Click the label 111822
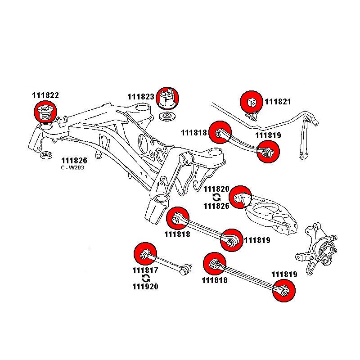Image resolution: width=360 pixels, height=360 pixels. click(x=45, y=96)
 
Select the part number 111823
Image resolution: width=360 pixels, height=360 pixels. click(x=140, y=97)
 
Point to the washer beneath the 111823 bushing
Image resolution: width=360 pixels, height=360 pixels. click(x=168, y=118)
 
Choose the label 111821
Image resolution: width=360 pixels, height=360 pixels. click(x=278, y=102)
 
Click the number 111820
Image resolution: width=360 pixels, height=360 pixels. click(x=216, y=189)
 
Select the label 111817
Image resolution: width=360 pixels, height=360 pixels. click(x=145, y=271)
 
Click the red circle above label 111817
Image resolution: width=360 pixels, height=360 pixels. click(x=144, y=254)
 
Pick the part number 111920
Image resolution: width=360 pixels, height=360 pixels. click(x=145, y=286)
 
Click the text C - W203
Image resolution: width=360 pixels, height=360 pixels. click(x=72, y=168)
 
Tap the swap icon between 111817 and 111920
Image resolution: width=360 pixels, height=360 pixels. click(x=145, y=279)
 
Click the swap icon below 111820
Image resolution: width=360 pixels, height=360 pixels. click(x=216, y=197)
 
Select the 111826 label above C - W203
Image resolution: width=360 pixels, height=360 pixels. click(x=74, y=161)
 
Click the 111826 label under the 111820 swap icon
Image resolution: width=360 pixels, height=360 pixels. click(x=216, y=206)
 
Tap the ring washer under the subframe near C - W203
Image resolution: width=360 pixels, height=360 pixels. click(x=45, y=156)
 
